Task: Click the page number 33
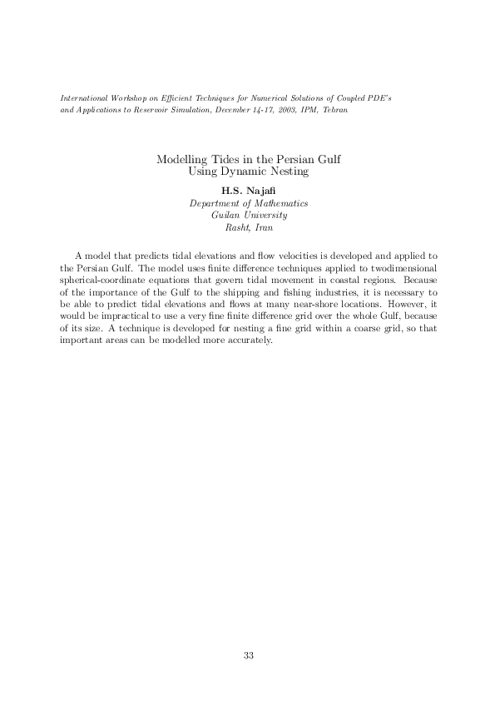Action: [248, 655]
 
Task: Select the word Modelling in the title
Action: [181, 159]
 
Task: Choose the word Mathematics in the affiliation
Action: [279, 203]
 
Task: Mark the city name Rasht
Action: [238, 226]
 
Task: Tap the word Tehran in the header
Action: [335, 110]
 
